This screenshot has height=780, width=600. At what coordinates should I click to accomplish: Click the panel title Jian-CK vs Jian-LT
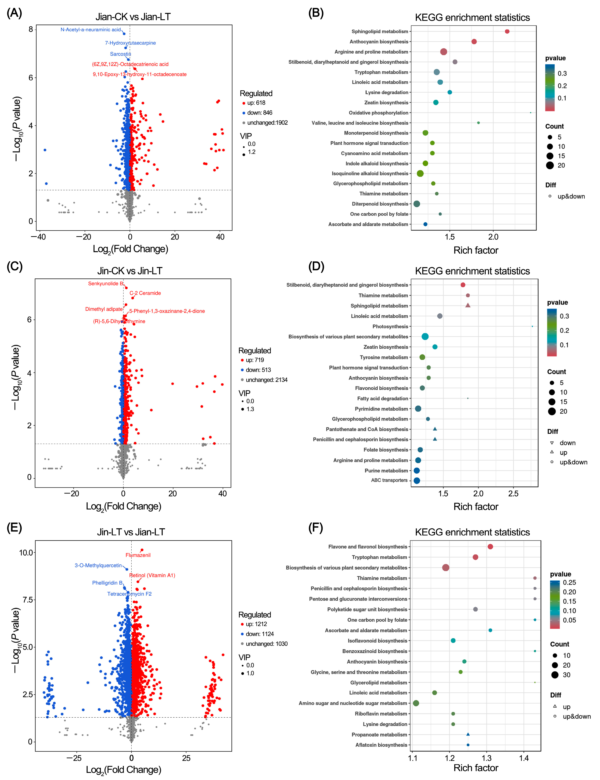(x=133, y=17)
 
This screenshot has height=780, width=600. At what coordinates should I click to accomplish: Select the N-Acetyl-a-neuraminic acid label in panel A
(x=91, y=30)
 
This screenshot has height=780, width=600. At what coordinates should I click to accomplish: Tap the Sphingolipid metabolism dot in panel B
(x=507, y=31)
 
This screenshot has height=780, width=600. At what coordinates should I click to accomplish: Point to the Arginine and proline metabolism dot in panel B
(x=444, y=52)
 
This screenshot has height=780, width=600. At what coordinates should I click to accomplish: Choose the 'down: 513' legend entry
(x=258, y=370)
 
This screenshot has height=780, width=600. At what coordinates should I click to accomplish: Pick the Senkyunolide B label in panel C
(x=105, y=284)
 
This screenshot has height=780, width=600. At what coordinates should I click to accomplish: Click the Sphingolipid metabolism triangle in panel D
(x=468, y=305)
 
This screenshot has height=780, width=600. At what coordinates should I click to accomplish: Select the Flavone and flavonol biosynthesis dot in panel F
(x=490, y=547)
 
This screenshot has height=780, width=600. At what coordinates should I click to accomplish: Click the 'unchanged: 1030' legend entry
(x=266, y=644)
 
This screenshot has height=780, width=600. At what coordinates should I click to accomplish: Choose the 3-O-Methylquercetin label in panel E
(x=98, y=565)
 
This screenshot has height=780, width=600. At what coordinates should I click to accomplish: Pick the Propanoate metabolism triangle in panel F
(x=468, y=734)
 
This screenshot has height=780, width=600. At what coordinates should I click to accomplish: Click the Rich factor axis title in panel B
(x=476, y=250)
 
